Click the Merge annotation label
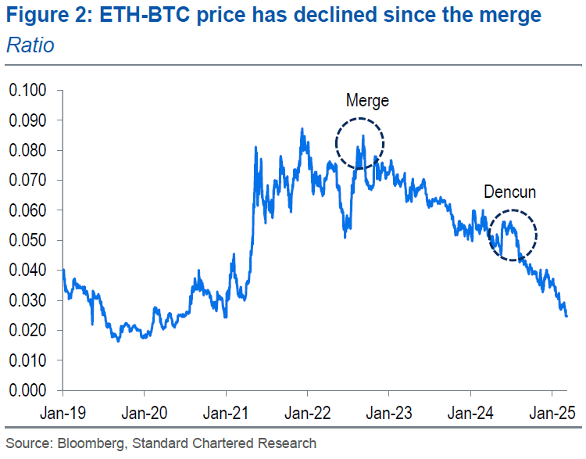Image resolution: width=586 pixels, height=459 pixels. pyautogui.click(x=367, y=101)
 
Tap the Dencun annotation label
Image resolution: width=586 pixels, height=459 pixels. pyautogui.click(x=510, y=192)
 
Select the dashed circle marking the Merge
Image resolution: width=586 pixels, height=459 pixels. pyautogui.click(x=360, y=142)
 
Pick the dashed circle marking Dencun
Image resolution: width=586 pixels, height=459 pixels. pyautogui.click(x=513, y=235)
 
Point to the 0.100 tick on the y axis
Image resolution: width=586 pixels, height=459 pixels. pyautogui.click(x=27, y=91)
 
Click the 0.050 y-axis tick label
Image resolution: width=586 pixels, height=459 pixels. pyautogui.click(x=27, y=240)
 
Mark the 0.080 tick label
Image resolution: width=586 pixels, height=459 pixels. pyautogui.click(x=27, y=151)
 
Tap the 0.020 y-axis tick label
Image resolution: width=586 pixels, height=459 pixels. pyautogui.click(x=27, y=330)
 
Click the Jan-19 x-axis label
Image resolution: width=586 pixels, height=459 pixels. pyautogui.click(x=63, y=411)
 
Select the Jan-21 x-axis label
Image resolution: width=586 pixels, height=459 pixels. pyautogui.click(x=226, y=411)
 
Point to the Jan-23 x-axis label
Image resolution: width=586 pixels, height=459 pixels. pyautogui.click(x=389, y=411)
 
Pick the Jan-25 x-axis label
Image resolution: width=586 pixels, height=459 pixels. pyautogui.click(x=552, y=411)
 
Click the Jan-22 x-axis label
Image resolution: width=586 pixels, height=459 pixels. pyautogui.click(x=308, y=411)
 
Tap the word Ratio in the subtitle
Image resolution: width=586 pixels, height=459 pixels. pyautogui.click(x=30, y=45)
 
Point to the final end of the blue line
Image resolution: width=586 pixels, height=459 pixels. pyautogui.click(x=566, y=316)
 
